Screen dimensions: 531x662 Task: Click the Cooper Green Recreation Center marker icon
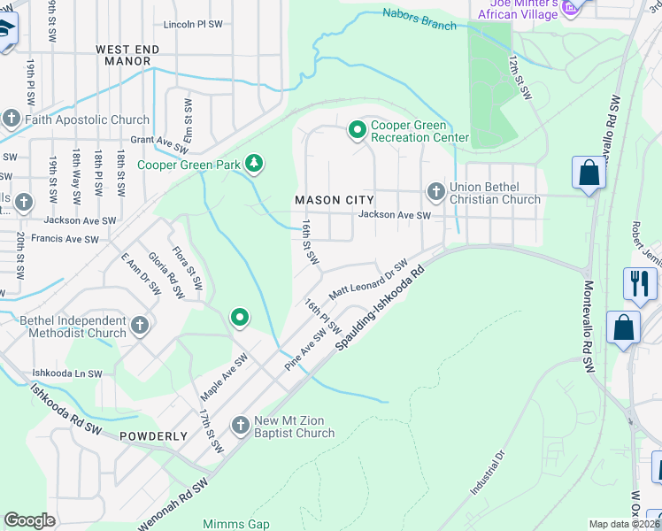point(358,131)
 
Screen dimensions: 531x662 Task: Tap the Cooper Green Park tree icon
point(255,163)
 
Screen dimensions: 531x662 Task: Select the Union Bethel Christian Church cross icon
point(435,191)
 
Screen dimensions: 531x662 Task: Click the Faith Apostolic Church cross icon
point(12,119)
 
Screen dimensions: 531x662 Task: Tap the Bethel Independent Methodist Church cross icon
point(139,326)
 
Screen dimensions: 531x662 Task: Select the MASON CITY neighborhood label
point(335,200)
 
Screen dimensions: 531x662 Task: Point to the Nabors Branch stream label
point(420,19)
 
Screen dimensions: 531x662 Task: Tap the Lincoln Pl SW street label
point(196,25)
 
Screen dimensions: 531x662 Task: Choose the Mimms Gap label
point(235,524)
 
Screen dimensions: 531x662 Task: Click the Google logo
point(29,520)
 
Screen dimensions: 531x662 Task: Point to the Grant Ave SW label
point(160,140)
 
